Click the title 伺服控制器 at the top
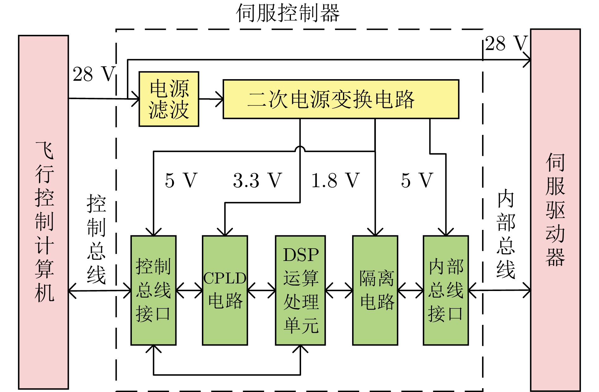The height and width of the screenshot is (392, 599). pos(288,13)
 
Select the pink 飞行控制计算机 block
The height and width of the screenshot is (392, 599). pos(44,212)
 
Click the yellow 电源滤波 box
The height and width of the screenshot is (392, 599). pos(169,99)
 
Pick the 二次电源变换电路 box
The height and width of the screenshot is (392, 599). pos(341,99)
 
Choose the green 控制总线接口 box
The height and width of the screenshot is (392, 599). pos(153,290)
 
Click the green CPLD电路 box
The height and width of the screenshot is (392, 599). pos(225,290)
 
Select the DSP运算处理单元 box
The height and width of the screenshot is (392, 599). pos(300,290)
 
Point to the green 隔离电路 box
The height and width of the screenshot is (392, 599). pos(375,290)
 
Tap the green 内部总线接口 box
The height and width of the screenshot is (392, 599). pos(446,290)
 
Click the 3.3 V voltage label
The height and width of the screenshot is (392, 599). pos(257,180)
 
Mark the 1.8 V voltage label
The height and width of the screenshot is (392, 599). pos(335,180)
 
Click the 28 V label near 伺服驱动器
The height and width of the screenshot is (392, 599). pos(506,44)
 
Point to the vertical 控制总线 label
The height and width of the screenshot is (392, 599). pos(96,239)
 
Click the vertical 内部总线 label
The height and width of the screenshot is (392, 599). pos(506,234)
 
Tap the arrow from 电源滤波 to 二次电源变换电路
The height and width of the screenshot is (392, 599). pos(211,99)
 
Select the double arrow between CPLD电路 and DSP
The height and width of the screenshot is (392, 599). pos(261,290)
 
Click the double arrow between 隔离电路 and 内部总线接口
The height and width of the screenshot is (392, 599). pos(411,290)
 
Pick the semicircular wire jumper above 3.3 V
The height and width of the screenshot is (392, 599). pos(300,149)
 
